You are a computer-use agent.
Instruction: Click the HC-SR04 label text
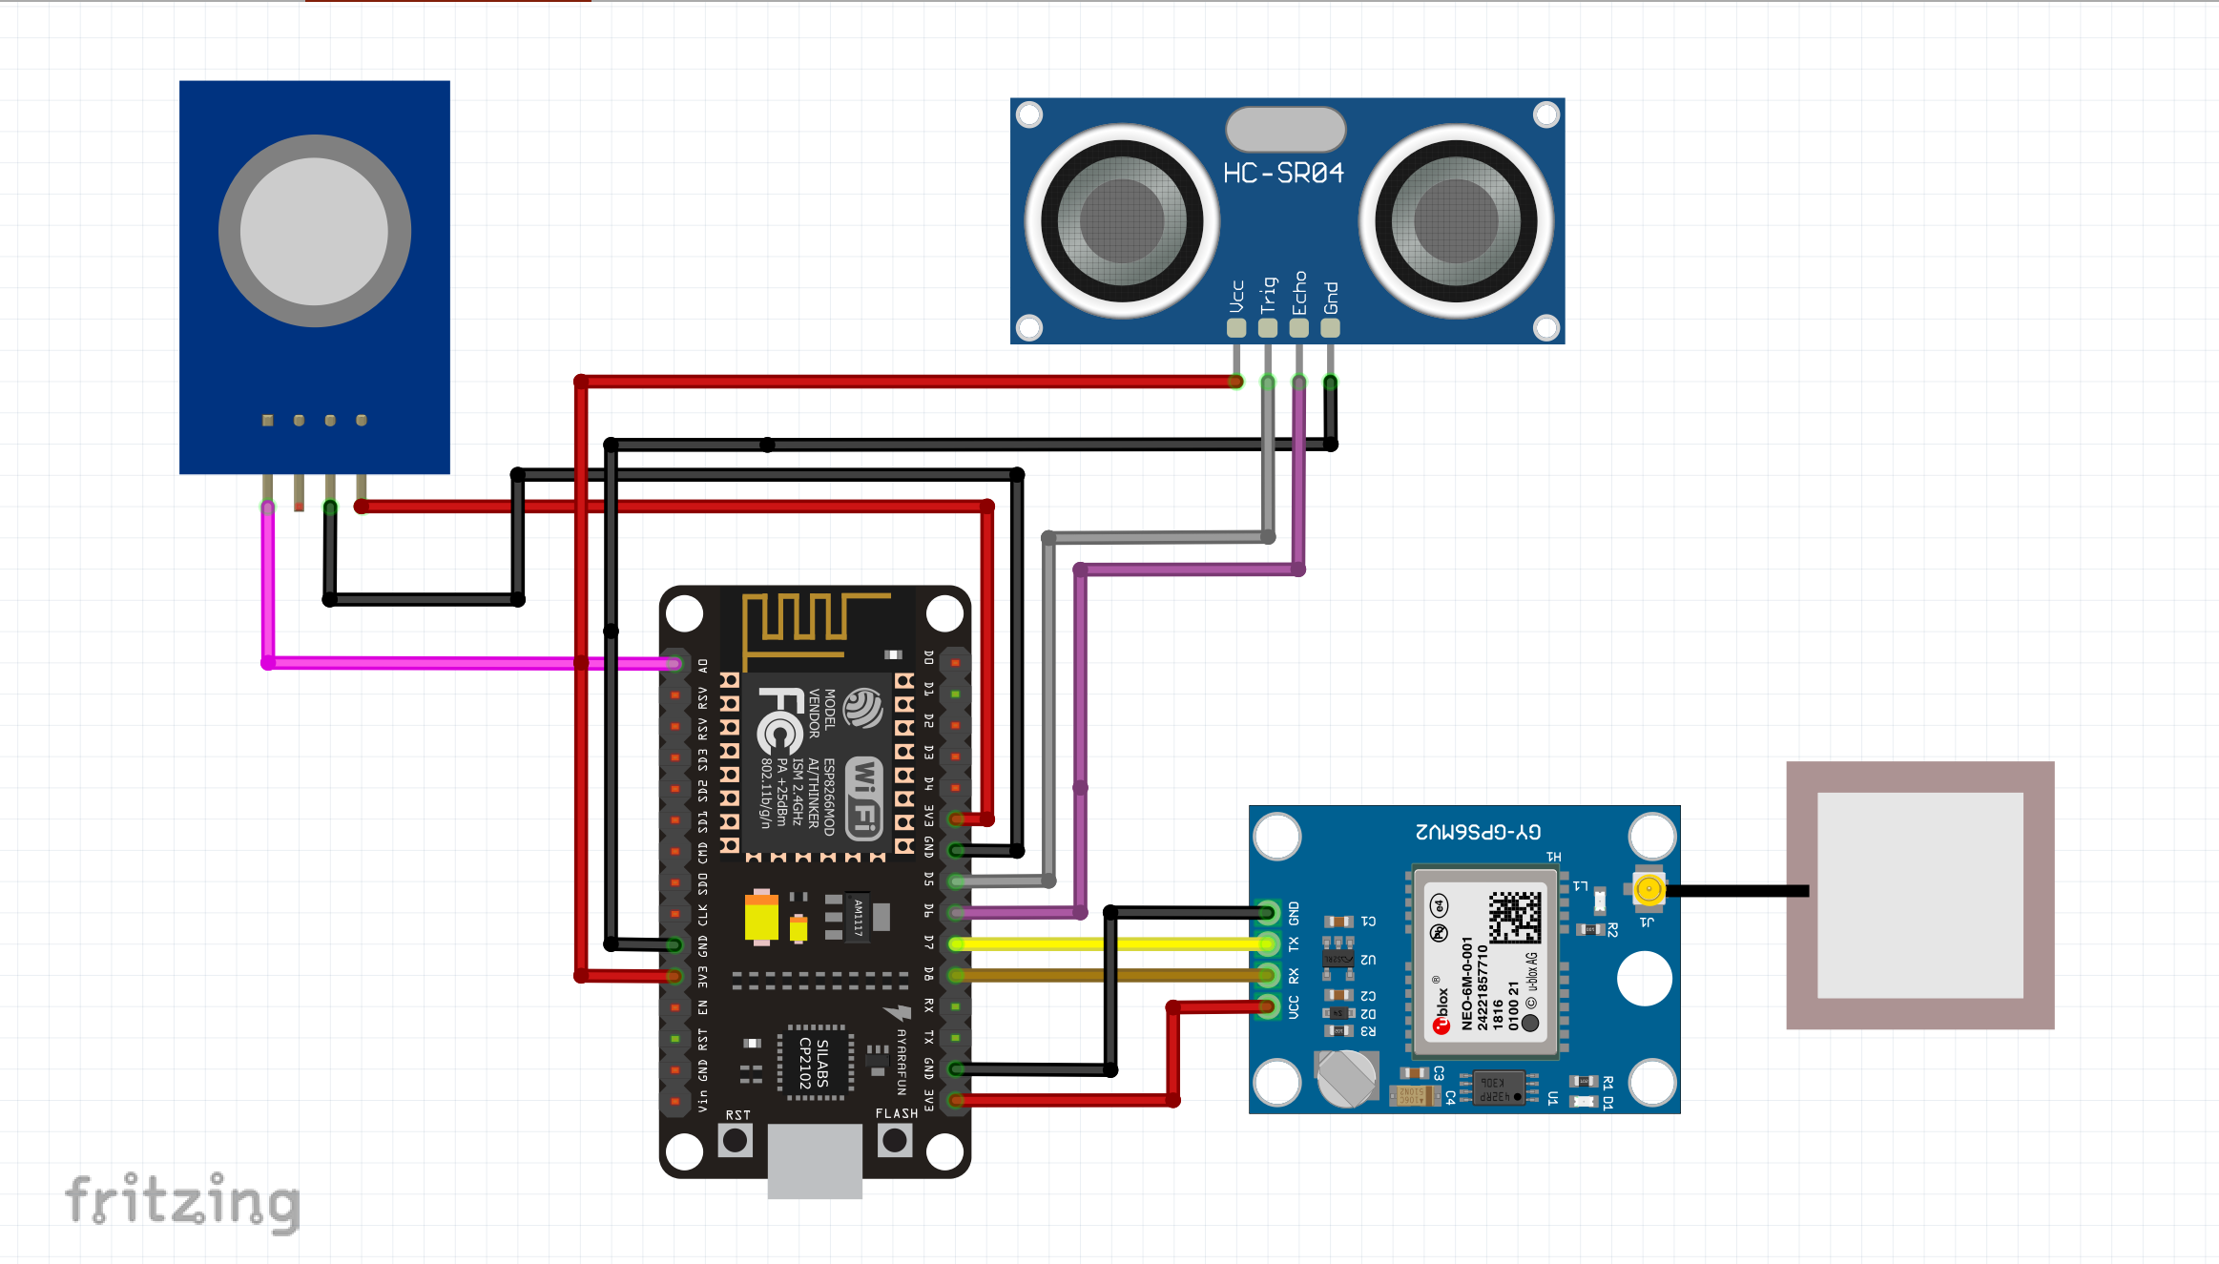(1283, 173)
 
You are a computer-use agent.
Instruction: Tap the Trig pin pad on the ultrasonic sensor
(1267, 328)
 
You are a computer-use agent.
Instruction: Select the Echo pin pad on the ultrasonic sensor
(1298, 328)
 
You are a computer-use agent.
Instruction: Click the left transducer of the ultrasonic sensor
(1122, 220)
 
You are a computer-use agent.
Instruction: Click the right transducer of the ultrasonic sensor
(1456, 220)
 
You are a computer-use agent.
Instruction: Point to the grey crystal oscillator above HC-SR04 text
(1285, 129)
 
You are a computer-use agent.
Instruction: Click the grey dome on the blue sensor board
(314, 231)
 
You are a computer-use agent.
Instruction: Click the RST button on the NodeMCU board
(735, 1140)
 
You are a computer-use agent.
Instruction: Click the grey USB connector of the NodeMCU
(815, 1160)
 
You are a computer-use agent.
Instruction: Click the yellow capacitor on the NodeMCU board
(761, 917)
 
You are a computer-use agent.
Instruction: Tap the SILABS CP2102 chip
(815, 1063)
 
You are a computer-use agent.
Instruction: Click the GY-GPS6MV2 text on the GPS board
(1478, 832)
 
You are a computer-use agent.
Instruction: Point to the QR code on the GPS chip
(1515, 917)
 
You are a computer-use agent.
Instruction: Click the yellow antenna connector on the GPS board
(1649, 890)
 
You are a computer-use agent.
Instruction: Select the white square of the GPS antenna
(1919, 895)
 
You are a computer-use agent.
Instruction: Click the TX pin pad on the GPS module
(1267, 944)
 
